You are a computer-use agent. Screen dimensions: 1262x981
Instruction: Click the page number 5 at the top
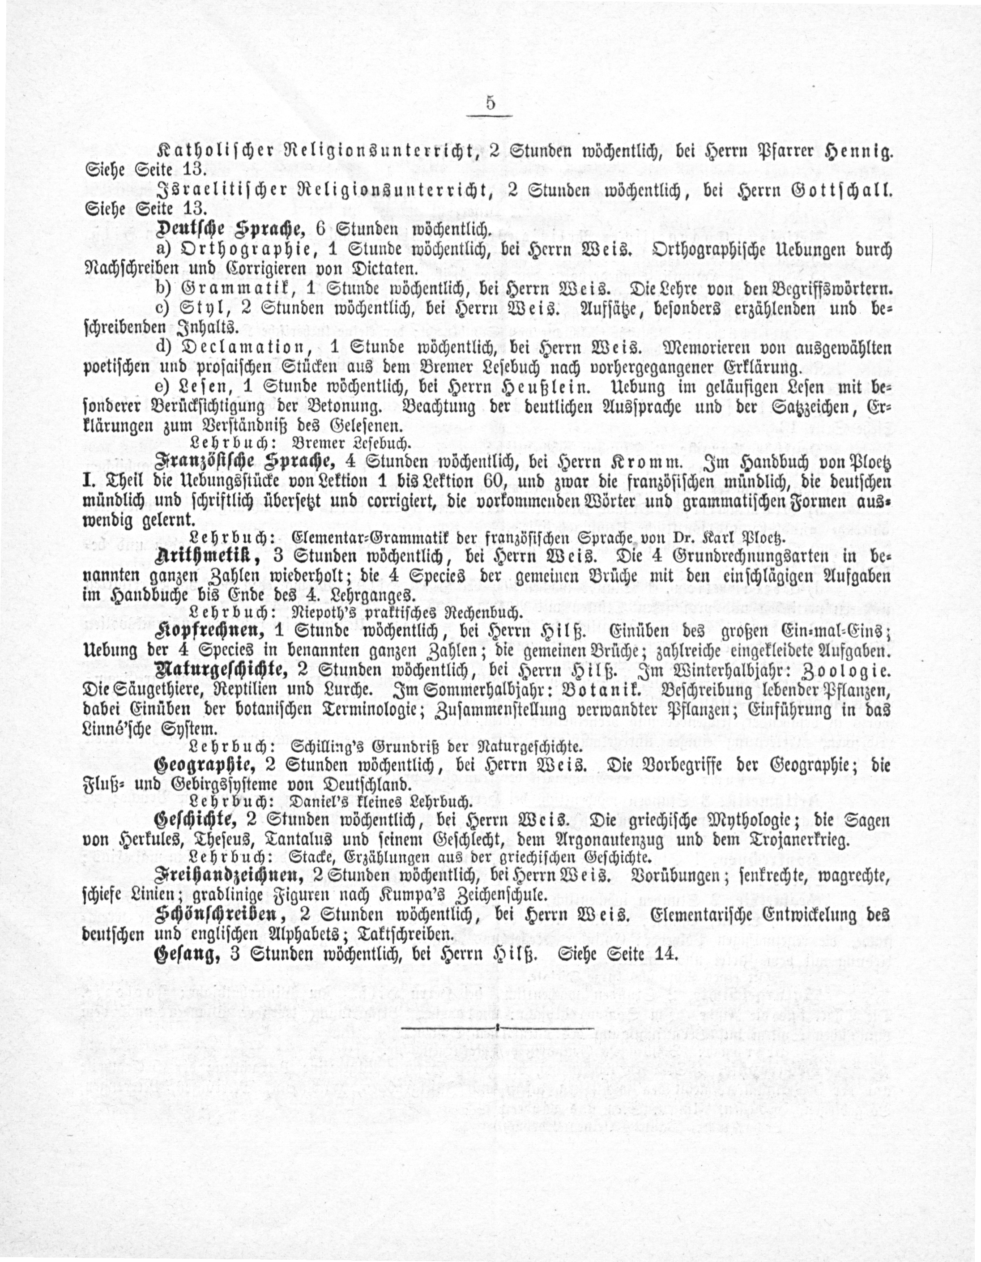point(490,103)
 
